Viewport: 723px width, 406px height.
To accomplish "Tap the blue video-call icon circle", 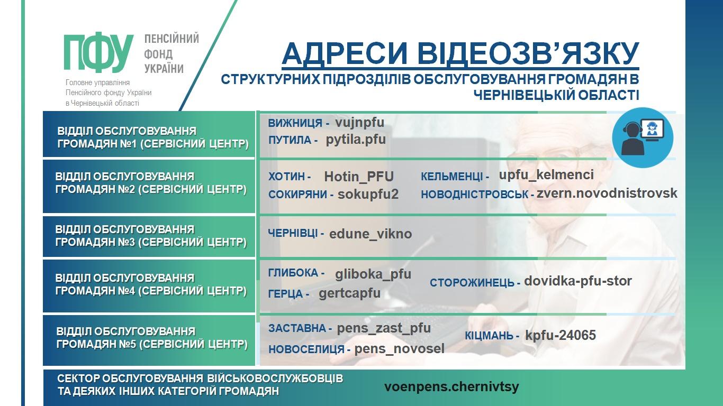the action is click(x=643, y=137).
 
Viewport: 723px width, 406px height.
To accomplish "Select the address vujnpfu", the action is click(x=359, y=123).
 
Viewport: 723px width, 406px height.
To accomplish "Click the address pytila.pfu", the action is click(x=356, y=140).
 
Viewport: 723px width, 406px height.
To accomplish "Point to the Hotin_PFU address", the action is click(x=359, y=177).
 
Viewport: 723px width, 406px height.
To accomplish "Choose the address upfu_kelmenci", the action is click(x=546, y=175).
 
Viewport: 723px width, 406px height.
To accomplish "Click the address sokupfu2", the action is click(x=368, y=194).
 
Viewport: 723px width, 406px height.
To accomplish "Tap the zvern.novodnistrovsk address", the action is click(x=607, y=193).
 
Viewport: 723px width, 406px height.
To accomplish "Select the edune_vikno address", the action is click(x=370, y=234).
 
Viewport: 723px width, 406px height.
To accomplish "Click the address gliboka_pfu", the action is click(x=373, y=274).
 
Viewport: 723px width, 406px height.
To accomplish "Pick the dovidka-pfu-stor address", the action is click(x=578, y=281).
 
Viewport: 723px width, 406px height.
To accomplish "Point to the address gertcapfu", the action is click(x=349, y=293).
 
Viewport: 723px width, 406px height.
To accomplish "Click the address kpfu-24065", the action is click(x=561, y=335).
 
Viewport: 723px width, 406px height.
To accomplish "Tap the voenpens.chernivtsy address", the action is click(x=451, y=386).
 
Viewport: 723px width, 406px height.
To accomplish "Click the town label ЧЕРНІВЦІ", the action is click(x=293, y=233).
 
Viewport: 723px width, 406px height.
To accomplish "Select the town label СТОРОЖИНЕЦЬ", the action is click(x=472, y=283).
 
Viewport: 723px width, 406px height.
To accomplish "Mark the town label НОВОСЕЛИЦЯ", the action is click(x=306, y=349).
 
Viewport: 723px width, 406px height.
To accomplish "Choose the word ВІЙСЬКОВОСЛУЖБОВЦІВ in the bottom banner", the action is click(x=275, y=379).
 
